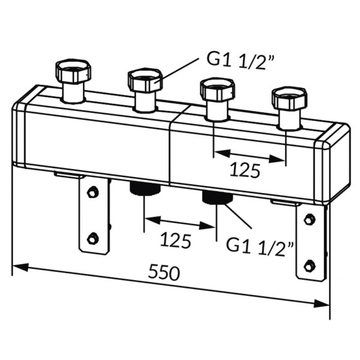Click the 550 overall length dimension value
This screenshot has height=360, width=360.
[x=164, y=272]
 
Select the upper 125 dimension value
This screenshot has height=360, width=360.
[x=245, y=170]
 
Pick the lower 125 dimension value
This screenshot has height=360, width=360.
[x=176, y=241]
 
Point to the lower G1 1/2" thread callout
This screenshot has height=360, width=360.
[x=260, y=245]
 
